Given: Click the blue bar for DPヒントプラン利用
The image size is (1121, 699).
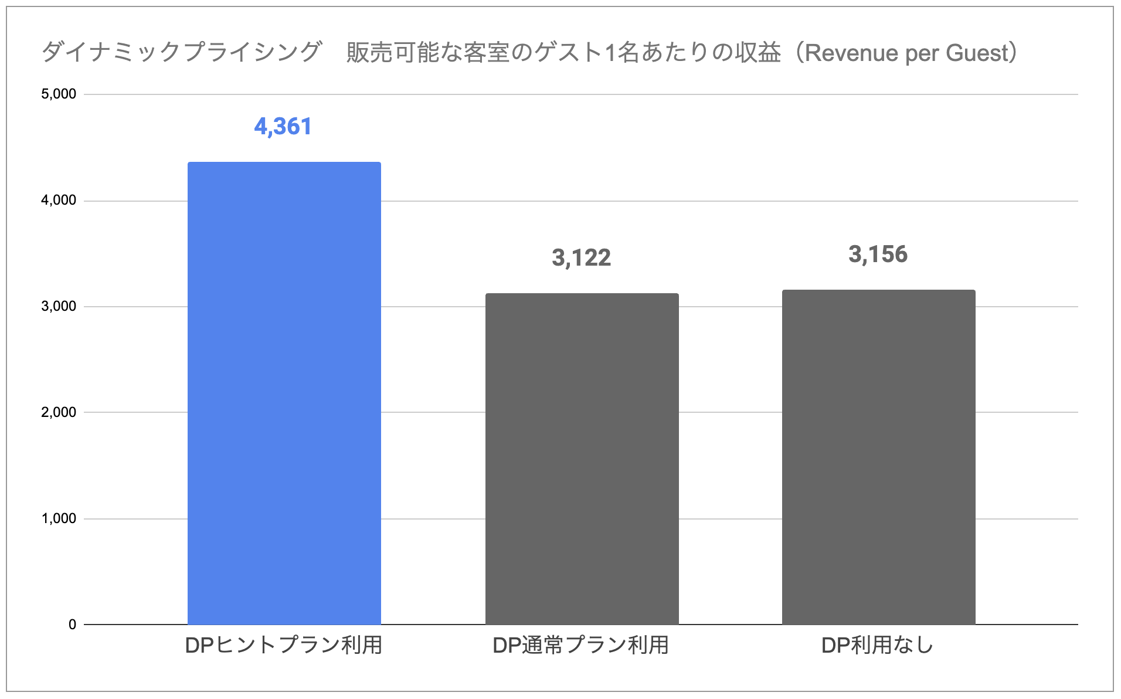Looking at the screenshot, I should [x=284, y=393].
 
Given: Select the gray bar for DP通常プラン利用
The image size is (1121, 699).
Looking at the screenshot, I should [x=582, y=459].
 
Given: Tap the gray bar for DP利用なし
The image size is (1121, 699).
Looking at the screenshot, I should [x=878, y=457].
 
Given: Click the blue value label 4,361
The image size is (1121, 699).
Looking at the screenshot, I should [x=283, y=127].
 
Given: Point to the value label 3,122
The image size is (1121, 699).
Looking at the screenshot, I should [x=581, y=258].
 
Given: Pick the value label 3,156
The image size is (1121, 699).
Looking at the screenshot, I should [x=878, y=255].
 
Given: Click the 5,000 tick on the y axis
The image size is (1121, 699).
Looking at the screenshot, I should [x=59, y=94].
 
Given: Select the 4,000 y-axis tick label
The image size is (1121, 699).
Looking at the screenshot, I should [x=59, y=201].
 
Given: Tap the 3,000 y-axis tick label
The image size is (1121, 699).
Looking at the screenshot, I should [x=59, y=307].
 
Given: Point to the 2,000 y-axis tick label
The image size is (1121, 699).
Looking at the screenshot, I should [x=59, y=412].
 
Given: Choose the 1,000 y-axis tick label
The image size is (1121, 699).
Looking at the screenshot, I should [x=59, y=519].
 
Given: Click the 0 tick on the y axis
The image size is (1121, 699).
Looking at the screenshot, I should [x=72, y=625].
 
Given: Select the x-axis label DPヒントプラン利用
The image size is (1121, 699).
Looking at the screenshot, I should [x=284, y=646].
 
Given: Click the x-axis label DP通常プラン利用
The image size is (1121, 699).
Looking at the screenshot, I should [x=580, y=646].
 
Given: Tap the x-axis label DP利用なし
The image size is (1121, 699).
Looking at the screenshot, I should [x=877, y=646].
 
